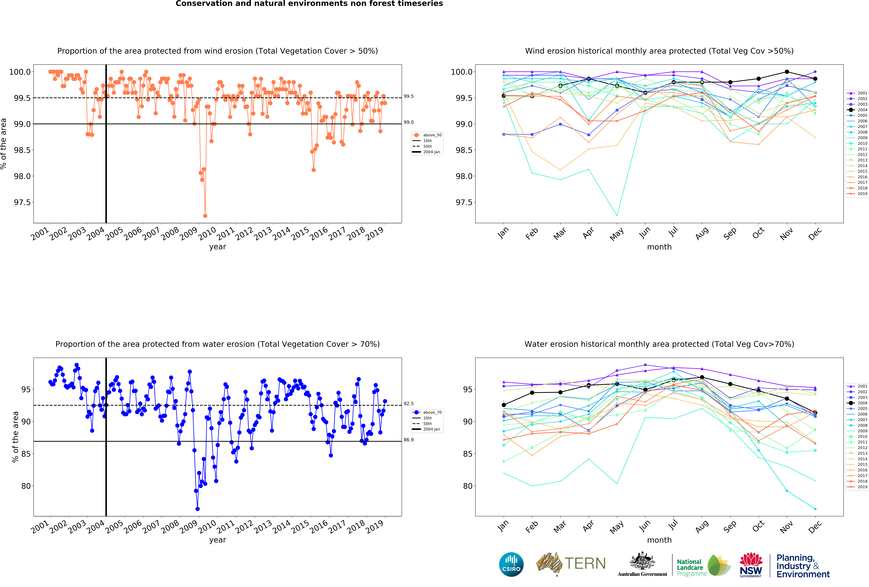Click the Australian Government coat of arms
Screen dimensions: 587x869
pyautogui.click(x=642, y=561)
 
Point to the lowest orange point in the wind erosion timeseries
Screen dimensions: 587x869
pyautogui.click(x=205, y=216)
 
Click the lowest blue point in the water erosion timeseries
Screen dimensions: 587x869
pyautogui.click(x=197, y=509)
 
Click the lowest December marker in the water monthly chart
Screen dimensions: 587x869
pyautogui.click(x=815, y=509)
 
